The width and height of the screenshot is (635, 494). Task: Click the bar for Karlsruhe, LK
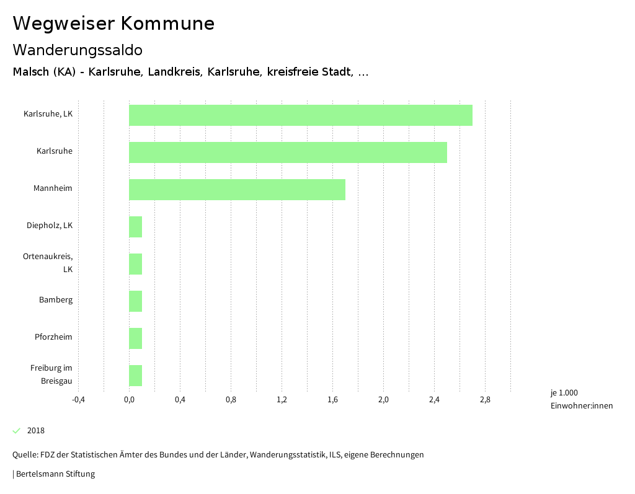coord(300,115)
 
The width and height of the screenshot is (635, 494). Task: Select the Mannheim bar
coord(237,190)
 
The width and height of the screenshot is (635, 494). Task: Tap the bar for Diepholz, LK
coord(135,227)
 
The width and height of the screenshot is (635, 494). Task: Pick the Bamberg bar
coord(135,301)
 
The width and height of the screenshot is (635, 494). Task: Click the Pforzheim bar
coord(135,338)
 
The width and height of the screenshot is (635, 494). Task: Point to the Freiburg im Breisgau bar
coord(135,376)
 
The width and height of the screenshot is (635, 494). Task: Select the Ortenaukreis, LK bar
coord(135,264)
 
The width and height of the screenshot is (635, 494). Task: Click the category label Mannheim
coord(53,188)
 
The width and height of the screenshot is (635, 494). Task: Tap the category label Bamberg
coord(56,300)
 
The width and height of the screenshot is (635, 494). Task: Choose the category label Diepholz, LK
coord(50,226)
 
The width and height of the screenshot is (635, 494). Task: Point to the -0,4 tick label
coord(78,400)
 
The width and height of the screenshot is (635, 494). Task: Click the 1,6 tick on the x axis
coord(332,400)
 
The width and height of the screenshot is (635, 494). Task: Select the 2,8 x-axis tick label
coord(485,400)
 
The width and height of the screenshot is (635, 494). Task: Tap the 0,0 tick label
coord(129,400)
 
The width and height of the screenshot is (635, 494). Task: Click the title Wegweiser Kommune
coord(113,24)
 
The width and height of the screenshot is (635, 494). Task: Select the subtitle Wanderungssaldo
coord(78,50)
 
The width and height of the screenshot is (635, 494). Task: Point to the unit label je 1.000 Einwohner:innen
coord(581,399)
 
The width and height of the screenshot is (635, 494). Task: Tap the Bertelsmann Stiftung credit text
coord(55,474)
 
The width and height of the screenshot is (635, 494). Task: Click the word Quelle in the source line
coord(24,455)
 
